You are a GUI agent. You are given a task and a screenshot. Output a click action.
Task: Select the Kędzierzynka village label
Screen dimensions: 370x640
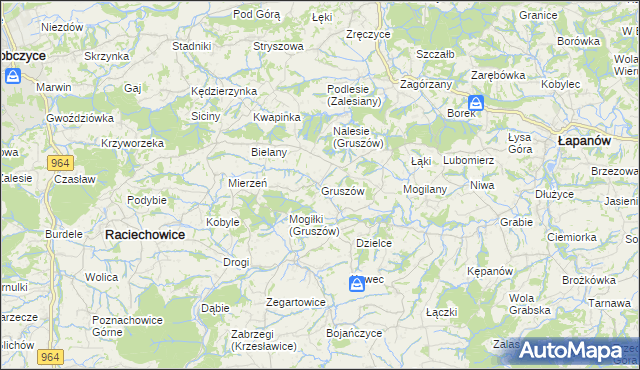coord(224,91)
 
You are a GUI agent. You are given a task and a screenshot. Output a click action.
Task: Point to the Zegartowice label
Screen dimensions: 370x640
coord(296,301)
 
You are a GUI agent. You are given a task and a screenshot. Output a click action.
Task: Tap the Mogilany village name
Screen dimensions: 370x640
coord(424,188)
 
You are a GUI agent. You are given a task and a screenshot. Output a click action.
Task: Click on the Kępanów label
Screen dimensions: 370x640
coord(490,271)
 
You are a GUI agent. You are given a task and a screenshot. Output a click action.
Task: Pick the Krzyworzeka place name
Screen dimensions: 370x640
coord(132,143)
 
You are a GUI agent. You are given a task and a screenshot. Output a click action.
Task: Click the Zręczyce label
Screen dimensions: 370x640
coord(367,34)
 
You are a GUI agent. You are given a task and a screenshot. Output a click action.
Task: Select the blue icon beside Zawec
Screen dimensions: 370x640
coord(357,285)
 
